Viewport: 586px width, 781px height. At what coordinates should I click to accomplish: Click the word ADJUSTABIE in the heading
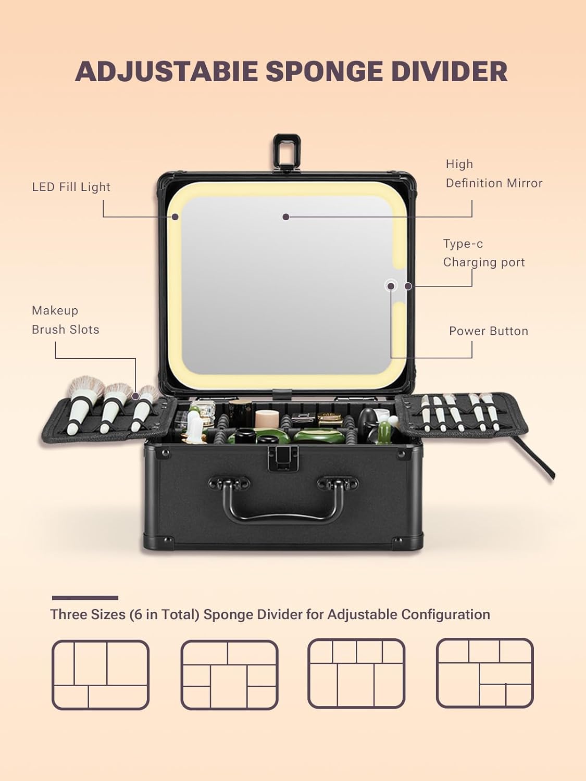coord(167,71)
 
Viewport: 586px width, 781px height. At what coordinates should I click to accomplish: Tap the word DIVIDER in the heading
coord(450,71)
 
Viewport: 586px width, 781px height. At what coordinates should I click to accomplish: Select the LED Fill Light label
coord(71,187)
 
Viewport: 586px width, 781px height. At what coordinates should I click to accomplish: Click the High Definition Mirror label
coord(494,173)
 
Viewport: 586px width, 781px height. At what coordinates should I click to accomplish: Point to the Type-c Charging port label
coord(484,253)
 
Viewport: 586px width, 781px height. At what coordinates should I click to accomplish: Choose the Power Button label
coord(489,331)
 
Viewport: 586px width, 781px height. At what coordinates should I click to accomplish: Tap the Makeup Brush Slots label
coord(66,320)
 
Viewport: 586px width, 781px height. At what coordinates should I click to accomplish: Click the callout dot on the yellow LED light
coord(175,217)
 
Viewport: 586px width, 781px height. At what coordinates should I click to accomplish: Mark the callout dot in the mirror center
coord(285,217)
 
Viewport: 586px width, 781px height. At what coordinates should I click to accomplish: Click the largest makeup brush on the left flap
coord(82,402)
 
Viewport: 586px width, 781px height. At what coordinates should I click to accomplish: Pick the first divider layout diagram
coord(101,675)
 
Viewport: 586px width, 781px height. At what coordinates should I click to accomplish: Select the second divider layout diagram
coord(229,675)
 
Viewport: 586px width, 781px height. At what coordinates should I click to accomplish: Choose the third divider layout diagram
coord(356,674)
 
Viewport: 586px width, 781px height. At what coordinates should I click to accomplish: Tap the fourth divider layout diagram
coord(484,674)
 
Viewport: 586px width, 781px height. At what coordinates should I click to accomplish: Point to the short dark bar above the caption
coord(85,598)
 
